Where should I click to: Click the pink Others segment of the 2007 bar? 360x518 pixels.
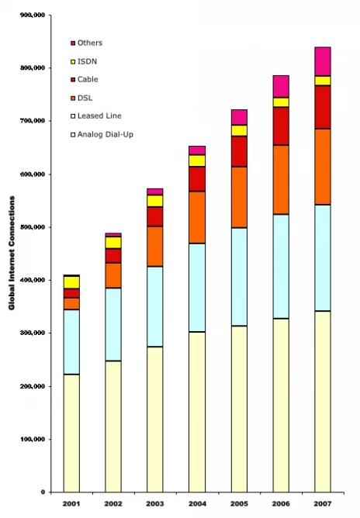(323, 62)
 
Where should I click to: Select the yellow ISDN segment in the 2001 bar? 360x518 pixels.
(71, 282)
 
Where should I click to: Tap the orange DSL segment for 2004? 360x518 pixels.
(197, 217)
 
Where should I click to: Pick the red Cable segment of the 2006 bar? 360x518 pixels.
(281, 126)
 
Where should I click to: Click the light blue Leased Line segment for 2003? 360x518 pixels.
(155, 306)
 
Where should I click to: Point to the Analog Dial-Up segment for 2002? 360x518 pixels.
(113, 426)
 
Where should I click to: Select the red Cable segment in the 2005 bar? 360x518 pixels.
(239, 151)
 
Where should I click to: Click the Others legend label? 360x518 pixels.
(90, 43)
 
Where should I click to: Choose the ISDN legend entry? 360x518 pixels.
(84, 61)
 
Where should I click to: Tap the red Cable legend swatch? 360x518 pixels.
(73, 80)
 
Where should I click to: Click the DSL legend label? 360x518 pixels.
(85, 98)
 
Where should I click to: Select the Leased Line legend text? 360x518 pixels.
(99, 116)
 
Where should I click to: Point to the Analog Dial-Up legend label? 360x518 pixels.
(106, 134)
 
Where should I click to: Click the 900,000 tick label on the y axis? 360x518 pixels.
(33, 16)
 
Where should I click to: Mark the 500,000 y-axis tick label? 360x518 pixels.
(33, 227)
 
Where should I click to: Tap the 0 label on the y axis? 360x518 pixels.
(43, 492)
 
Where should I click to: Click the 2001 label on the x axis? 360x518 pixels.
(71, 504)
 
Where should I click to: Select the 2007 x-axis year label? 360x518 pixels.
(323, 504)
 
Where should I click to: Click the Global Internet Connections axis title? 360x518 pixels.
(12, 253)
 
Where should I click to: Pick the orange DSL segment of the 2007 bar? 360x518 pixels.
(323, 167)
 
